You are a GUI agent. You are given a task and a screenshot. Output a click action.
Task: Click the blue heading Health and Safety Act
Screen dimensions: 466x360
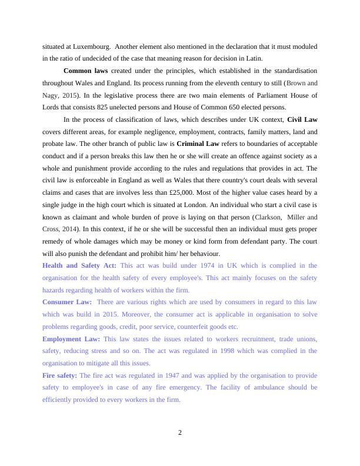tap(79, 265)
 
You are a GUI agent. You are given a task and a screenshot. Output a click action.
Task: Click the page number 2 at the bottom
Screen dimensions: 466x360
tap(180, 432)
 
